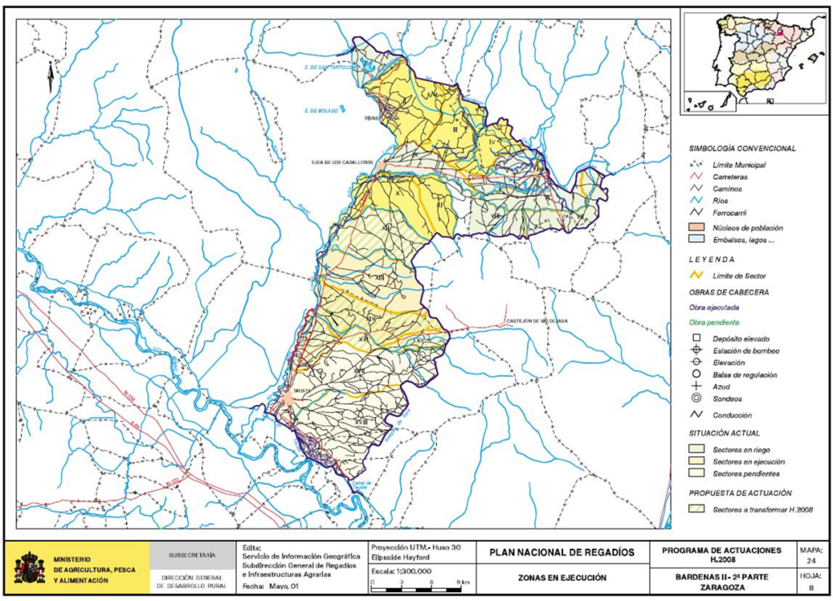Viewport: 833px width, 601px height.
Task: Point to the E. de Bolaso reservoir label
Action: click(x=321, y=110)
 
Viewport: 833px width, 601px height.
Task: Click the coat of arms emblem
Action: click(x=30, y=568)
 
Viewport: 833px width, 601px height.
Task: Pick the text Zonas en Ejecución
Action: click(x=561, y=578)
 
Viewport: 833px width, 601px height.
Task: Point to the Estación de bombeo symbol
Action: click(x=696, y=351)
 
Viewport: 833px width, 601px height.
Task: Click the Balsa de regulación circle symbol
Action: click(x=696, y=374)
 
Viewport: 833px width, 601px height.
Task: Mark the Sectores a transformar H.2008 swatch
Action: click(x=696, y=510)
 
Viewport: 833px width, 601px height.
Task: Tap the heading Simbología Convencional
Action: click(x=741, y=149)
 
